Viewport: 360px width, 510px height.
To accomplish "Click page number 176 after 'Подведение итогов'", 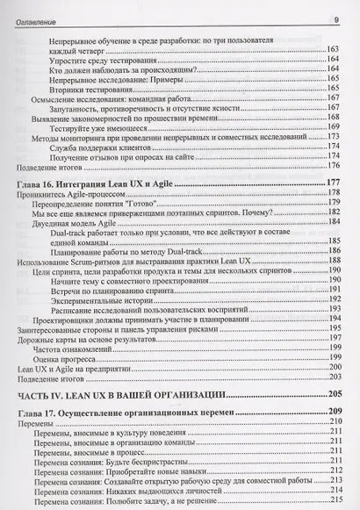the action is (x=333, y=165).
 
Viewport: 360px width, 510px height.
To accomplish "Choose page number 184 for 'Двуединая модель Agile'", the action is (x=333, y=221).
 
